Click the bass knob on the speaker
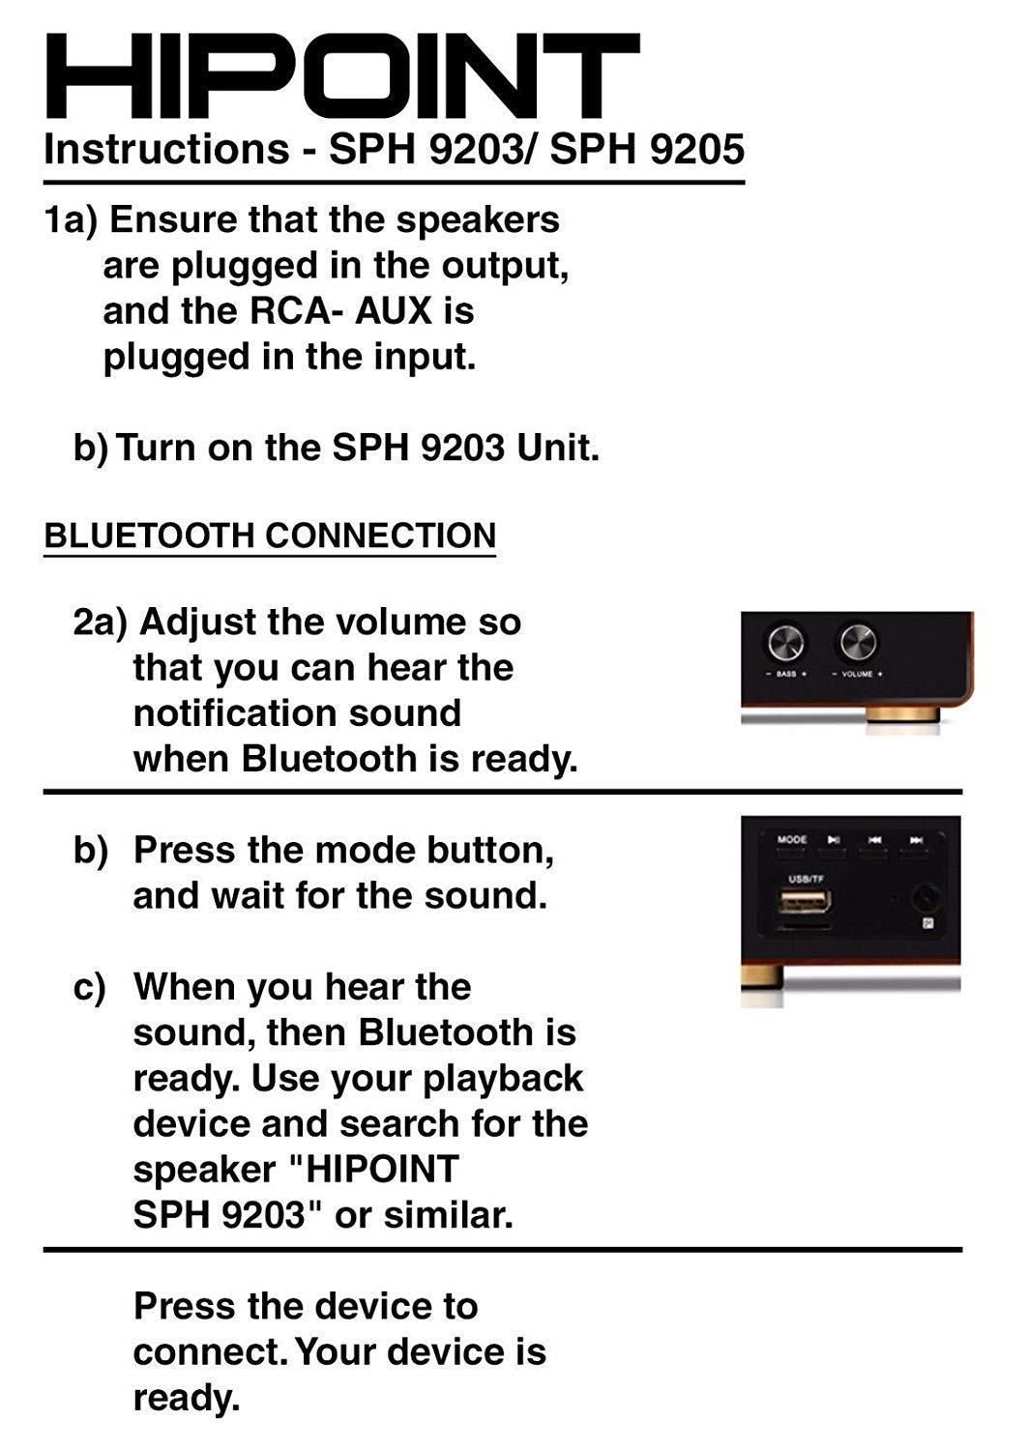tap(785, 641)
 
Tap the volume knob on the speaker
tap(858, 641)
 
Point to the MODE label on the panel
tap(791, 839)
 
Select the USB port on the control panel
tap(802, 905)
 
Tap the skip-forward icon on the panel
tap(916, 840)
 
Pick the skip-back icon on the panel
tap(875, 840)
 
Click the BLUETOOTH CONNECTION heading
tap(270, 536)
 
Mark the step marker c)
tap(90, 988)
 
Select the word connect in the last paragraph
tap(209, 1351)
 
